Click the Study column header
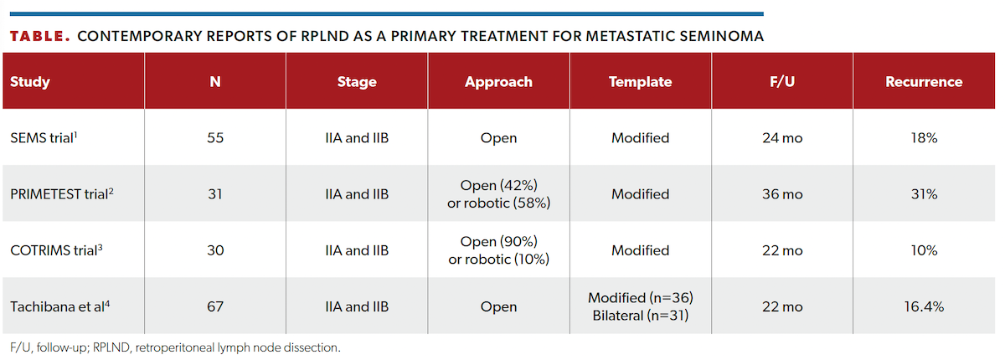coord(30,82)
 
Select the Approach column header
coord(498,82)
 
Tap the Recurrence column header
coord(924,82)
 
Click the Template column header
coord(640,82)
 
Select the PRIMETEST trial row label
coord(58,194)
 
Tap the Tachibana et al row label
coord(58,306)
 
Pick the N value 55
coord(215,138)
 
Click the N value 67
coord(215,306)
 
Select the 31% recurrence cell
coord(924,194)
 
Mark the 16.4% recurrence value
coord(924,306)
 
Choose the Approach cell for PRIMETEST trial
coord(498,194)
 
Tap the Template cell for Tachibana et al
coord(640,306)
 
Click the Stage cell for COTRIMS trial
coord(357,250)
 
